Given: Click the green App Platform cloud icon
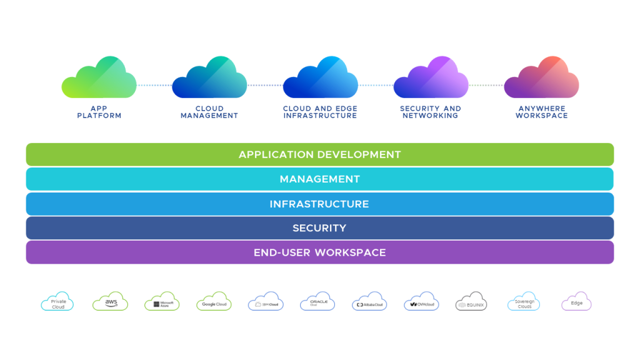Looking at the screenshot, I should pyautogui.click(x=99, y=78).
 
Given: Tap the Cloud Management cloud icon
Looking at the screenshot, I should pyautogui.click(x=209, y=78).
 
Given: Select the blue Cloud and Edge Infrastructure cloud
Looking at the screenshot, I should pyautogui.click(x=320, y=78).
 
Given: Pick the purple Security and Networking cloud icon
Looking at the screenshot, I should pyautogui.click(x=431, y=78).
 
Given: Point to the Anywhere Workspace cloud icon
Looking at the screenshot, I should pyautogui.click(x=541, y=78).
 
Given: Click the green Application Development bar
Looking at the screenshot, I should pyautogui.click(x=320, y=154).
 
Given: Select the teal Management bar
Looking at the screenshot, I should pyautogui.click(x=320, y=179).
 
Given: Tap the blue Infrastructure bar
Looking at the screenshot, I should pyautogui.click(x=320, y=204).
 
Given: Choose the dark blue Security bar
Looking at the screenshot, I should pyautogui.click(x=320, y=228).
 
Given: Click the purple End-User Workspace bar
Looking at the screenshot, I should pyautogui.click(x=320, y=252).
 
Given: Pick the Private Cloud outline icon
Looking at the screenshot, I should pyautogui.click(x=57, y=302).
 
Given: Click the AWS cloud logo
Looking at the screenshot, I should pyautogui.click(x=111, y=302).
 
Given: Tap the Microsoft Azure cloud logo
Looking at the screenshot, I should pyautogui.click(x=162, y=302).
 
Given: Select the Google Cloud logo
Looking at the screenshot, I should pyautogui.click(x=214, y=302).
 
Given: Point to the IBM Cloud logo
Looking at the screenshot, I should pyautogui.click(x=266, y=302).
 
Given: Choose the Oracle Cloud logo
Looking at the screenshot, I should pyautogui.click(x=318, y=302).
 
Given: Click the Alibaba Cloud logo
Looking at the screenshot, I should pyautogui.click(x=369, y=302).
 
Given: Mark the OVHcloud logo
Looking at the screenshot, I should pyautogui.click(x=421, y=302).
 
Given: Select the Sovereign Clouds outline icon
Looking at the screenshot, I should pyautogui.click(x=524, y=302).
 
